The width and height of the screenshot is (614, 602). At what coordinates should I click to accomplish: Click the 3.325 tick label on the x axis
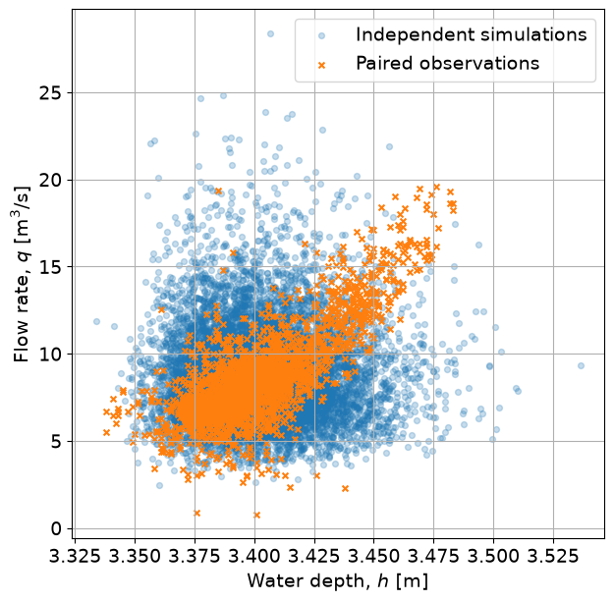[x=76, y=557]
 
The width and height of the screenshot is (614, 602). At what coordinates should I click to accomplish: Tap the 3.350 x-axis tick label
[x=136, y=557]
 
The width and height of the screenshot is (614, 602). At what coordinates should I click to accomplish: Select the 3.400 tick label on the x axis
[x=254, y=557]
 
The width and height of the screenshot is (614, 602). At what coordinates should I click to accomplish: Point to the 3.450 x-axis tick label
[x=374, y=557]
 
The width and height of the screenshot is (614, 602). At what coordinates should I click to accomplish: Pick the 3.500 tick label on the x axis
[x=493, y=557]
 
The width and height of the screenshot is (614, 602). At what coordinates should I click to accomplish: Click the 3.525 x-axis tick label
[x=553, y=557]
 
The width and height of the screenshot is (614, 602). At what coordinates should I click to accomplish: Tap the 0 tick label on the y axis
[x=57, y=529]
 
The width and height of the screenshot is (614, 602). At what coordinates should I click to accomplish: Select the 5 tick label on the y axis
[x=57, y=442]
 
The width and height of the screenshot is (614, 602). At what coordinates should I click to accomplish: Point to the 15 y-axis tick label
[x=51, y=267]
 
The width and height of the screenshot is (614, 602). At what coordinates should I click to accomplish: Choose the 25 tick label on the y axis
[x=51, y=93]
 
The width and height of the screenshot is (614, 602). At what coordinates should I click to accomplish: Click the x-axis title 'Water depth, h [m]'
[x=338, y=581]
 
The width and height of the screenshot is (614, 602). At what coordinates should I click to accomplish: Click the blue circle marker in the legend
[x=321, y=36]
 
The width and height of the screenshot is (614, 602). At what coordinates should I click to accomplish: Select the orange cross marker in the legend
[x=321, y=65]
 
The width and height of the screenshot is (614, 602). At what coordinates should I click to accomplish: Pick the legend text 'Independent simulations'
[x=472, y=34]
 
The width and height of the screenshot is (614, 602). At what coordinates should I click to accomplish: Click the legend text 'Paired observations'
[x=448, y=64]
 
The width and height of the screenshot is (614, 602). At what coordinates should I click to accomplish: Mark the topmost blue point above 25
[x=270, y=34]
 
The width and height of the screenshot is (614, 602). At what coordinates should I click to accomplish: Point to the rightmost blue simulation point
[x=581, y=365]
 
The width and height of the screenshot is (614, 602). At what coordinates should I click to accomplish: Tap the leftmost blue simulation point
[x=96, y=322]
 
